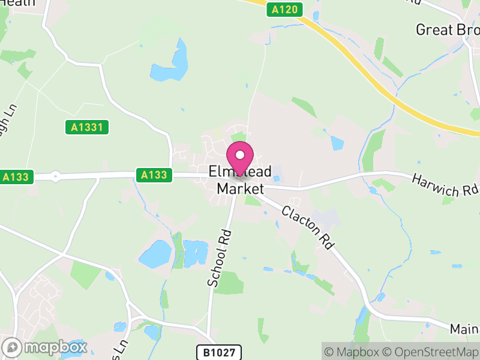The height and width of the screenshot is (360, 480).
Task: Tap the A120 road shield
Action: click(x=283, y=10)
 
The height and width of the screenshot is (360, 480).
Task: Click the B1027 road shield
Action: click(x=219, y=352)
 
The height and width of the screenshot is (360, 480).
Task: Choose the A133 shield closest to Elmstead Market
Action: click(x=154, y=175)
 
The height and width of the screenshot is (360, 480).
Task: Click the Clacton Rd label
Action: click(x=307, y=228)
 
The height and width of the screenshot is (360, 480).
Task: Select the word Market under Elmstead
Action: click(x=240, y=189)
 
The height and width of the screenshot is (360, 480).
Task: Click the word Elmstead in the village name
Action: click(x=240, y=172)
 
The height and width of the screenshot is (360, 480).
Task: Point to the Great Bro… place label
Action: click(x=448, y=29)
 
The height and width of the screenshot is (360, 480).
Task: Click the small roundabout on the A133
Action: click(x=55, y=177)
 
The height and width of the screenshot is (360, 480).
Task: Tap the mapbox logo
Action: click(x=45, y=347)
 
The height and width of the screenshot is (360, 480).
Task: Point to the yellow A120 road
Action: click(x=384, y=90)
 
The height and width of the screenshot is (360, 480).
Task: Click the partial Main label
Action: click(x=465, y=329)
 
